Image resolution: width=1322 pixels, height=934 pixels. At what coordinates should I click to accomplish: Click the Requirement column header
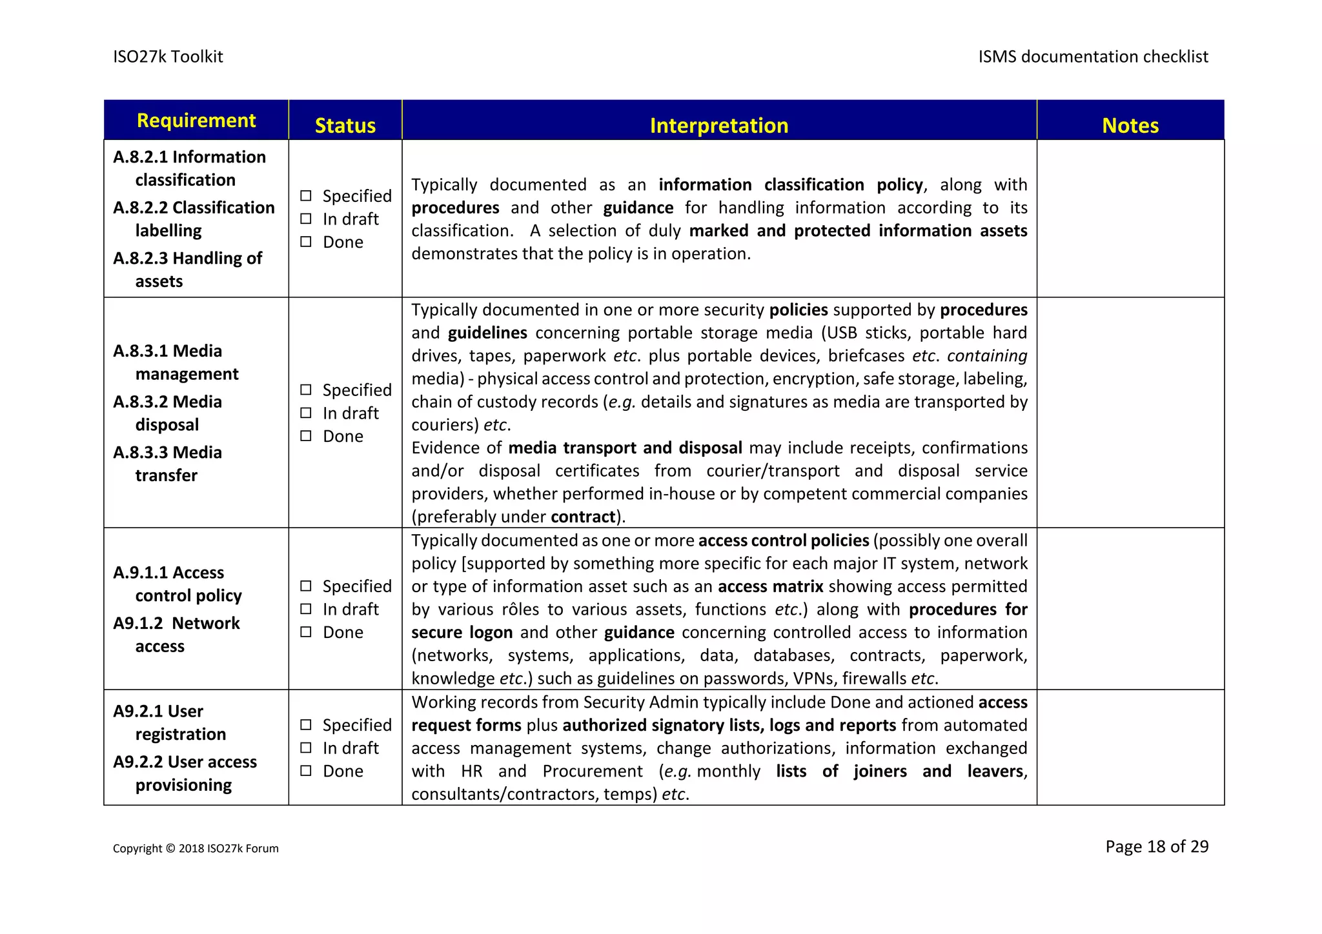pos(196,121)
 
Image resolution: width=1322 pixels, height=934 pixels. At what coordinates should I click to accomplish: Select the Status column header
pos(345,125)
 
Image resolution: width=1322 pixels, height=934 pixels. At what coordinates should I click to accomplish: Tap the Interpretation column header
pos(718,125)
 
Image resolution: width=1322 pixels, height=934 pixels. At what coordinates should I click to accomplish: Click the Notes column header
pos(1130,125)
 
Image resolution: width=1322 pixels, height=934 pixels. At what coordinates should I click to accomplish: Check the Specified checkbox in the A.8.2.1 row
pos(306,195)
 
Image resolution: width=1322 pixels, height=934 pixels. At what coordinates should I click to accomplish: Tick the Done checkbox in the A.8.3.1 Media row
pos(306,436)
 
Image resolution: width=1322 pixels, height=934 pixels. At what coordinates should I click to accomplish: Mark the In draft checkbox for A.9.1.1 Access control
pos(306,609)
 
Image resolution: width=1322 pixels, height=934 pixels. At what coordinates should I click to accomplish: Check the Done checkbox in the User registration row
pos(306,771)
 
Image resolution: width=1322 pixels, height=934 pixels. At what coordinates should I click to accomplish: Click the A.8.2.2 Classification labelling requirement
pos(194,219)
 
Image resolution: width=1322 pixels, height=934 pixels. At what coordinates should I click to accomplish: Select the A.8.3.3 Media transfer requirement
pos(168,464)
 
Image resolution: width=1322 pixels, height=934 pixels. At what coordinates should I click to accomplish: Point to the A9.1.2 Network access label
pos(176,634)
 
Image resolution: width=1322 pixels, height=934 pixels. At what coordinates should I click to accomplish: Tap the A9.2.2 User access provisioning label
pos(185,773)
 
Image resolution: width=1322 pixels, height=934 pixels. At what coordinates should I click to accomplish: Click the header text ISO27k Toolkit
pos(168,57)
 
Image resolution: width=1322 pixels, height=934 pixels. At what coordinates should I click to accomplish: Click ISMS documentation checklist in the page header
pos(1092,57)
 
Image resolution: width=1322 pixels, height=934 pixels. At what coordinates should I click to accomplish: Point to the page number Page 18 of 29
pos(1156,846)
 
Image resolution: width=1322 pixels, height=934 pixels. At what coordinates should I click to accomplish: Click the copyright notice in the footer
pos(196,848)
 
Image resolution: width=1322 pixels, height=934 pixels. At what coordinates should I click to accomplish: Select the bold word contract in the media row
pos(582,517)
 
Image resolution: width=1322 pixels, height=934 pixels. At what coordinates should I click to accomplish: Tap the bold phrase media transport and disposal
pos(625,448)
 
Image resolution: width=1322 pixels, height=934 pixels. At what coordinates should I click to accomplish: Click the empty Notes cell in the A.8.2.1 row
pos(1130,219)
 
